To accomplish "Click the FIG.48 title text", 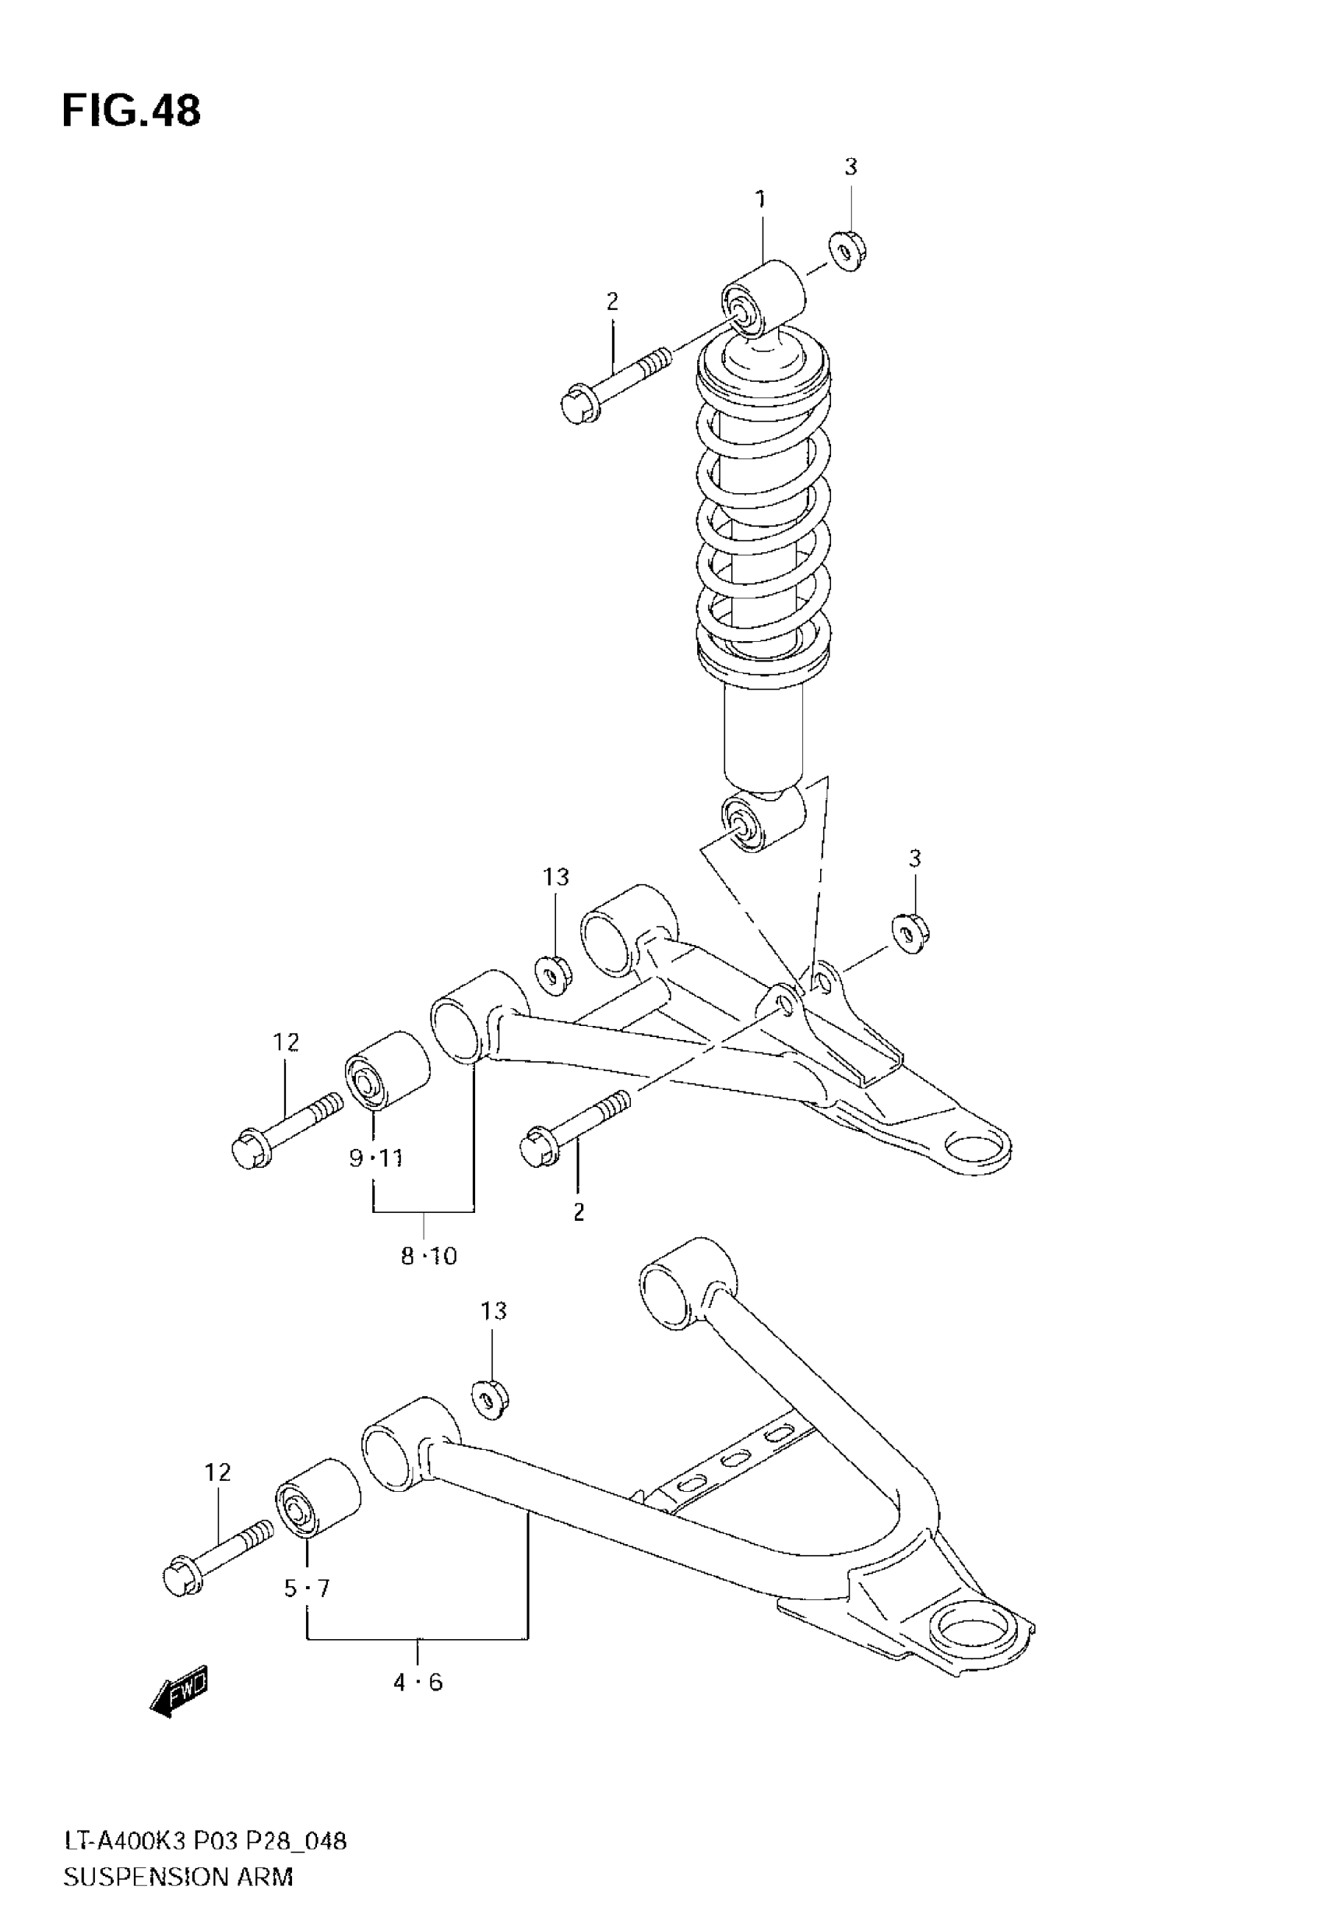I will [x=131, y=111].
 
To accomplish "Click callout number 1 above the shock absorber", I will [x=760, y=200].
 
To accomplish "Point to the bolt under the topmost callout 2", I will [x=614, y=386].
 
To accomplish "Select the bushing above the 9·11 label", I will [x=386, y=1070].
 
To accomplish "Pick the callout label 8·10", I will [x=429, y=1257].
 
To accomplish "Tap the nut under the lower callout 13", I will [x=489, y=1398].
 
